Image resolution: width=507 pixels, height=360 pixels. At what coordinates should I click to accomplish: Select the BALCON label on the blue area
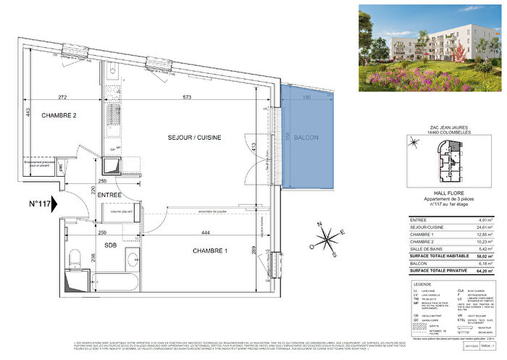[306, 138]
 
